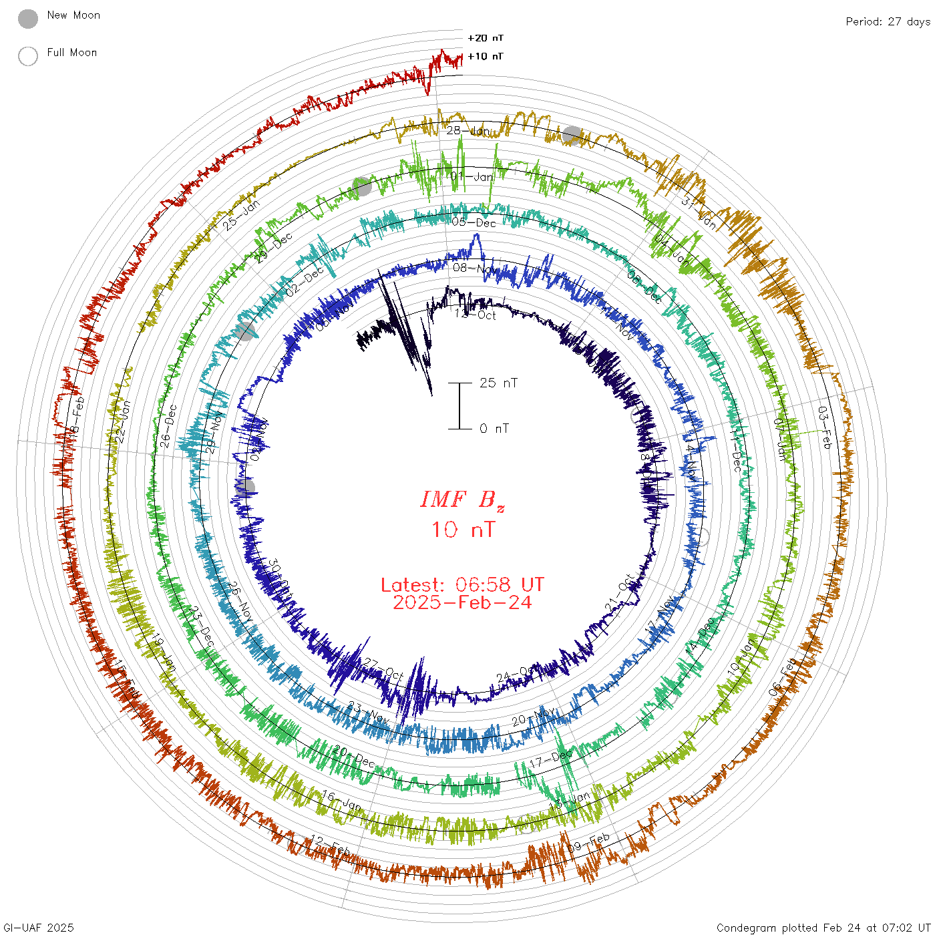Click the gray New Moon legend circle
[28, 19]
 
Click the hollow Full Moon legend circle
[28, 56]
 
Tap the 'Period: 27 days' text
[888, 21]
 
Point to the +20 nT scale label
[486, 38]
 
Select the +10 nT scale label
[486, 56]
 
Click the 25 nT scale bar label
[498, 383]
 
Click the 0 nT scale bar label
[494, 428]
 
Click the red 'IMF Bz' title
[462, 500]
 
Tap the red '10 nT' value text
[462, 530]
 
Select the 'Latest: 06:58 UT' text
[462, 585]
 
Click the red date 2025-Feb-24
[462, 602]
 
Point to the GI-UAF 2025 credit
[37, 928]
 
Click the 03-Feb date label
[825, 427]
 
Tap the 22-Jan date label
[122, 421]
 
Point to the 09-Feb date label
[589, 842]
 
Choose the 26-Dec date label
[169, 425]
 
